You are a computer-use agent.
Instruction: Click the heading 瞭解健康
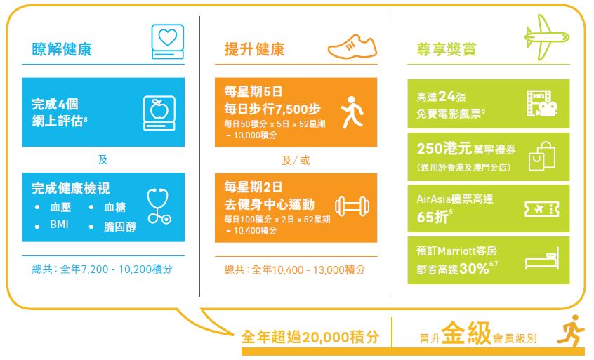[62, 49]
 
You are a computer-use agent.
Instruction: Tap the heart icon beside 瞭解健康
[167, 41]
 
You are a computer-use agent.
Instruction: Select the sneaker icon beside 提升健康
[352, 47]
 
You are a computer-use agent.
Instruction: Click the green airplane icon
[547, 37]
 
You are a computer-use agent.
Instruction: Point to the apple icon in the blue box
[159, 113]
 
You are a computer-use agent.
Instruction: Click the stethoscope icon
[159, 206]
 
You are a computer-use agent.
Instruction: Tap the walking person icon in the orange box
[352, 112]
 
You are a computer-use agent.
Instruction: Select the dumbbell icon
[352, 206]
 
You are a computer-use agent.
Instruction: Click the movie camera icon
[542, 104]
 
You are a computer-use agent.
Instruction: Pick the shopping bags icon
[542, 156]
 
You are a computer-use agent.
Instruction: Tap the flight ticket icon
[542, 209]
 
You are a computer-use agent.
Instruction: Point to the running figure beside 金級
[571, 331]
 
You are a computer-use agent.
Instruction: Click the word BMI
[59, 225]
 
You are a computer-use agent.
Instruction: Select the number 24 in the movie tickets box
[447, 96]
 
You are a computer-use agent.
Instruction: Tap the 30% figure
[474, 268]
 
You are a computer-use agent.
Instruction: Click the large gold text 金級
[466, 333]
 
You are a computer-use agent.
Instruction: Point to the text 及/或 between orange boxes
[296, 161]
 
